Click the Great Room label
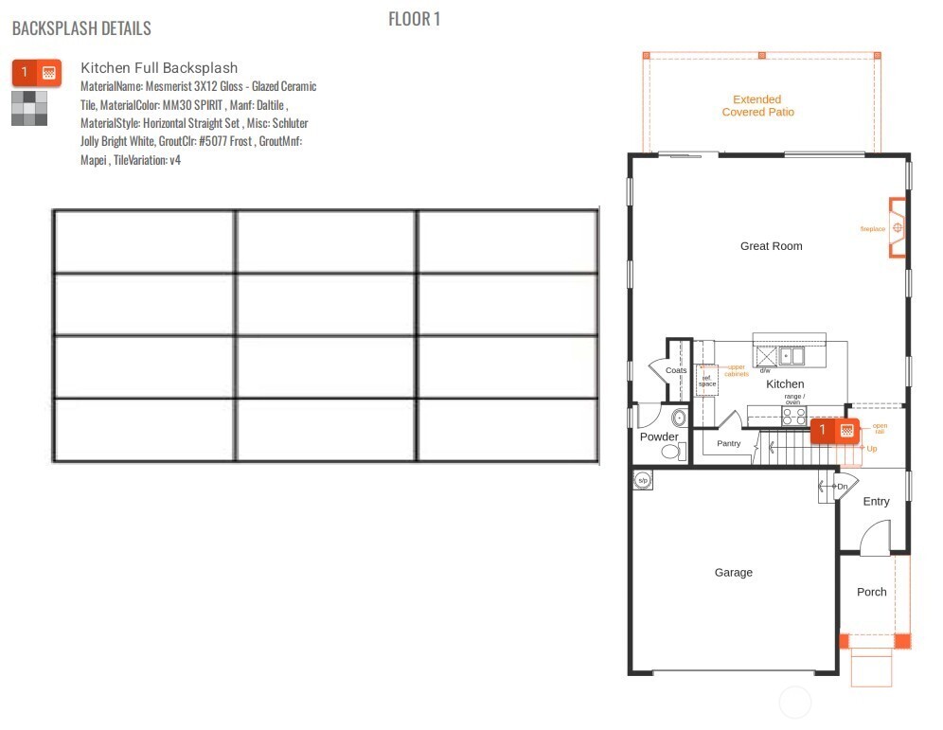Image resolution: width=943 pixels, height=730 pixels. point(771,246)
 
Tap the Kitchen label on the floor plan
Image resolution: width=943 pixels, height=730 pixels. point(785,384)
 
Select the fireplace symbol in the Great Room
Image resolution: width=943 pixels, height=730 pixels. point(897,228)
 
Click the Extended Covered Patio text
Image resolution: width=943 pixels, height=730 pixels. point(757,106)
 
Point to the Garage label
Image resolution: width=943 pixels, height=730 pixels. point(733,573)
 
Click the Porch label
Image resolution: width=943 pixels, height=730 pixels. point(871,593)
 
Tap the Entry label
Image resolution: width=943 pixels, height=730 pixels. point(876,502)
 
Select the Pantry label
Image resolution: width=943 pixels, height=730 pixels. point(728,444)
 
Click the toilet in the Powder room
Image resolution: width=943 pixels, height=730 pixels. point(671,453)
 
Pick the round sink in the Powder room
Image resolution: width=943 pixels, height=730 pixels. point(678,417)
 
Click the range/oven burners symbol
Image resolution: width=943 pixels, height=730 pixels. point(793,415)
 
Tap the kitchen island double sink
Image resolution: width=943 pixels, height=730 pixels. point(792,356)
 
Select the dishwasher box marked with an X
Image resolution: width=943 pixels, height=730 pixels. point(765,356)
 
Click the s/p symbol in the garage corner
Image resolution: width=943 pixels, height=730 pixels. point(642,480)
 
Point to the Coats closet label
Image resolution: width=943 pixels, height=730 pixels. point(676,370)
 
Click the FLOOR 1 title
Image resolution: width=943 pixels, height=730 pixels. point(414,19)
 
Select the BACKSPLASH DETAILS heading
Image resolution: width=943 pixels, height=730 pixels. point(81,28)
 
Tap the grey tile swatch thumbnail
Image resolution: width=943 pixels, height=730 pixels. point(29,108)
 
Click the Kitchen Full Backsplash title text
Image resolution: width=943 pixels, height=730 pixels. point(159,68)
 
